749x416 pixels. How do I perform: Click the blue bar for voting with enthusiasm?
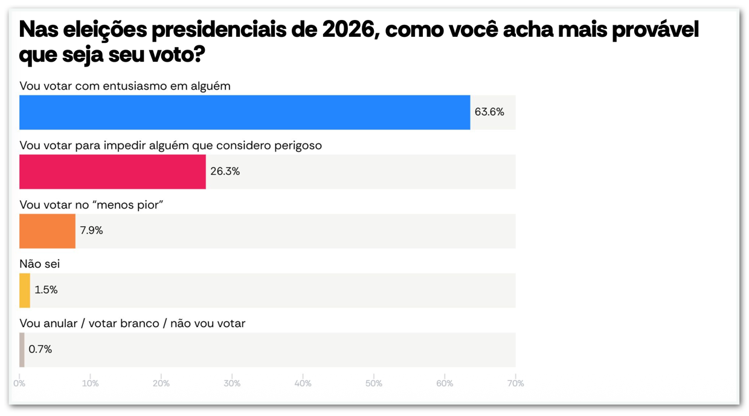tap(245, 112)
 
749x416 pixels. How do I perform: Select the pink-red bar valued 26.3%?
tap(112, 172)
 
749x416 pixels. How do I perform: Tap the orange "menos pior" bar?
tap(47, 231)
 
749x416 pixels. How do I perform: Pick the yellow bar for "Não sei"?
tap(25, 290)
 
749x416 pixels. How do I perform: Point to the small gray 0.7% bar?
tap(22, 349)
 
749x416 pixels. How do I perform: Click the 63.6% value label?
tap(489, 112)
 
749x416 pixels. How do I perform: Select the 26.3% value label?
tap(225, 171)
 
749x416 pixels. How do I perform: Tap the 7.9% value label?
tap(91, 230)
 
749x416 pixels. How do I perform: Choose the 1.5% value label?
tap(46, 290)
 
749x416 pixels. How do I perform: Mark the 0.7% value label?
tap(40, 349)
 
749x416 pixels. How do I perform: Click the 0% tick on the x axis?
tap(19, 383)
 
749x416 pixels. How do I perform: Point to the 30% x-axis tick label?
tap(232, 383)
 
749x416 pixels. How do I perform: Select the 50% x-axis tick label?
tap(374, 383)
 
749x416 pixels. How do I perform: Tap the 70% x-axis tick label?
tap(515, 383)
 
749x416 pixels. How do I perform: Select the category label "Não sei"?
tap(39, 264)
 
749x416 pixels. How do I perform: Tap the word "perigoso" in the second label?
tap(301, 145)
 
